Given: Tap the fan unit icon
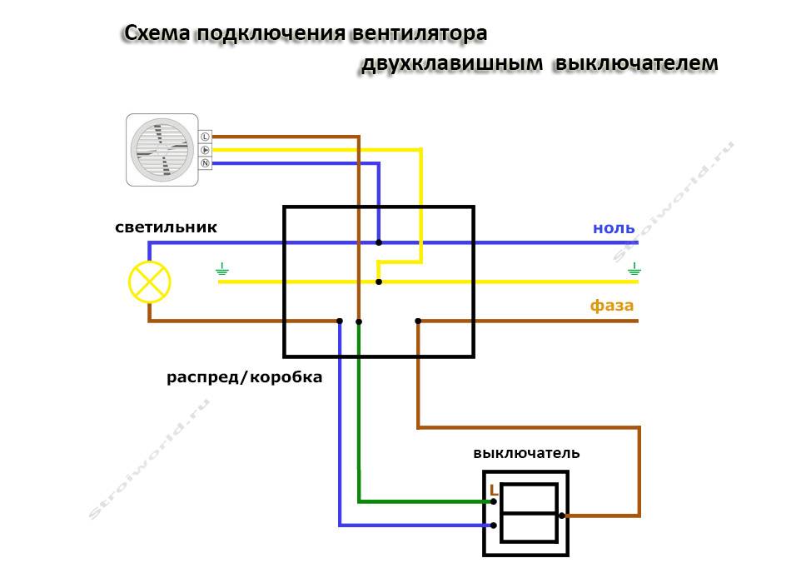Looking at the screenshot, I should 162,150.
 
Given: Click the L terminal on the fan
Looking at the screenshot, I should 205,136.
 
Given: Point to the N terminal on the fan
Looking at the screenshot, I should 205,163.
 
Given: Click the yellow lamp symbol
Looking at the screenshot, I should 149,282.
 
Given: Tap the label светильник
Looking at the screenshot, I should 167,227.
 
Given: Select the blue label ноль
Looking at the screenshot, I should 614,228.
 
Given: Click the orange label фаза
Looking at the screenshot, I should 612,306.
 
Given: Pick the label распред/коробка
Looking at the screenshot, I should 244,377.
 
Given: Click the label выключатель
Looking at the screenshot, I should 526,454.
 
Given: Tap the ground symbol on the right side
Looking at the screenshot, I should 635,268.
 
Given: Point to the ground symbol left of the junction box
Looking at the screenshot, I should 222,268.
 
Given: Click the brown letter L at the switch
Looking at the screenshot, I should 494,490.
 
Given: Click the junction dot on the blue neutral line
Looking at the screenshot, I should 379,242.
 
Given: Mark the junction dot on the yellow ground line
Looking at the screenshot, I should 379,282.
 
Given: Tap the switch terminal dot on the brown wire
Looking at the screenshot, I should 562,516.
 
